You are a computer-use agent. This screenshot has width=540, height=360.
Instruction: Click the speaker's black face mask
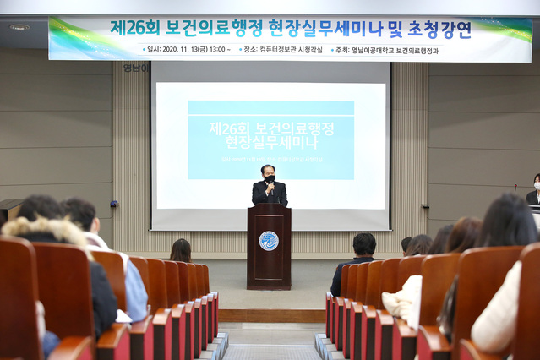point(270,179)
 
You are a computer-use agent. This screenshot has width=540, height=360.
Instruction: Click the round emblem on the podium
point(269,240)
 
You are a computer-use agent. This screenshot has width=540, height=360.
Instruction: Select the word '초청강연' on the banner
point(440,30)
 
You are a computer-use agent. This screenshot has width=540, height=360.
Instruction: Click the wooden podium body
point(269,254)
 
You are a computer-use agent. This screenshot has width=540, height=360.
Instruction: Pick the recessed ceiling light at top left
point(19,27)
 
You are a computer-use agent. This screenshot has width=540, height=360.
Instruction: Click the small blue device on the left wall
point(114,204)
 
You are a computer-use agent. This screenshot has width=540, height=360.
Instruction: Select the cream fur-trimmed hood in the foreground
point(42,230)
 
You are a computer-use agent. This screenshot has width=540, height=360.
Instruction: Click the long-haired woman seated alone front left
point(181,251)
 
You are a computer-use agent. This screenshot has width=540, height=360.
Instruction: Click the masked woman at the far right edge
point(534,190)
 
